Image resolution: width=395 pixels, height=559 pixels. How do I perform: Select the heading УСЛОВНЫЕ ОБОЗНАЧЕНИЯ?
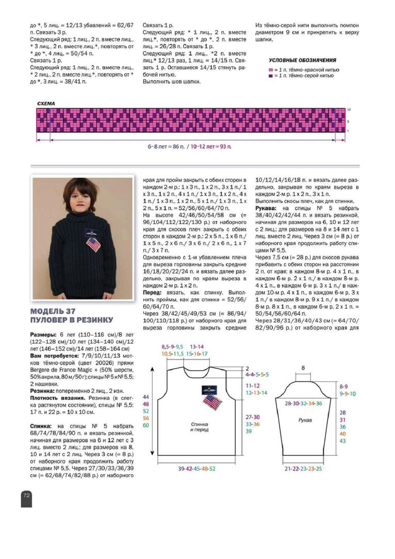[x=302, y=60]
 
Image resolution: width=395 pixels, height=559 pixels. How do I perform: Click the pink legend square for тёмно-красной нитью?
[x=270, y=69]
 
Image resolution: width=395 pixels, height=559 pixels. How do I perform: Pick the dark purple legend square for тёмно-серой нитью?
[x=270, y=76]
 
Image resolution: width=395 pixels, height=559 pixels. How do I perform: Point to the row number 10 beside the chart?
[x=349, y=110]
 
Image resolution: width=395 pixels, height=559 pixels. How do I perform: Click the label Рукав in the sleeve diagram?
[x=305, y=420]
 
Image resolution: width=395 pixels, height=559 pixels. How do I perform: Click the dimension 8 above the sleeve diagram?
[x=303, y=368]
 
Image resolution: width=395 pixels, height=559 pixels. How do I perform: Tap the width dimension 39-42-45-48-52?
[x=196, y=468]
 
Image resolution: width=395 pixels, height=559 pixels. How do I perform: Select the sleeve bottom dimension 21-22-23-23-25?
[x=303, y=468]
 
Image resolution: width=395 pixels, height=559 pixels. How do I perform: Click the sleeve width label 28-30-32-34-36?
[x=303, y=403]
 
